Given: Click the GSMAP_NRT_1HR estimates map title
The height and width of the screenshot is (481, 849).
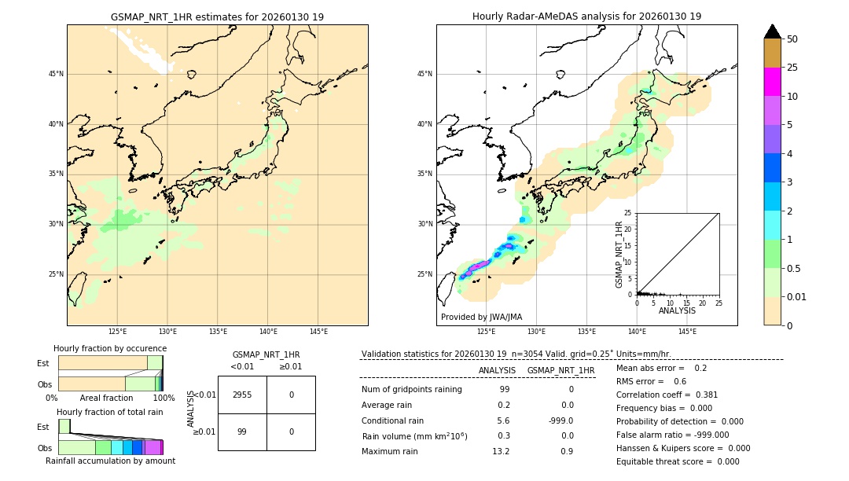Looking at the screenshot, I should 217,17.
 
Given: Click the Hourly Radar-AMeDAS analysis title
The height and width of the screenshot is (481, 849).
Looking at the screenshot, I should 586,17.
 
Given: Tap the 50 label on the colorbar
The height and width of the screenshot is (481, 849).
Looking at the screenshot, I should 792,39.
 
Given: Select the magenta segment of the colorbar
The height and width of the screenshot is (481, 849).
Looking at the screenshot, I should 772,82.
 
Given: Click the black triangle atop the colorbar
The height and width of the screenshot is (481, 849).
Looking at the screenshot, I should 772,31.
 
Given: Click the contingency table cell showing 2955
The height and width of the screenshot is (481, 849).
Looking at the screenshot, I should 242,395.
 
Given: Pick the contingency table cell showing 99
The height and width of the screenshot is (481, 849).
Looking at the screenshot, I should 242,431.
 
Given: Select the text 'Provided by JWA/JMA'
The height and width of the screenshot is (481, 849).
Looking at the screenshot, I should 481,317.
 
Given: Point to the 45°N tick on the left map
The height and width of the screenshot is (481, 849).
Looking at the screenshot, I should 56,74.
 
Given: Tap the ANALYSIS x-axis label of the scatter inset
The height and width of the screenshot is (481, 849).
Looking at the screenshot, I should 677,310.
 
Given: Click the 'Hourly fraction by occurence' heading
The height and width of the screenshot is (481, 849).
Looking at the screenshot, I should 110,348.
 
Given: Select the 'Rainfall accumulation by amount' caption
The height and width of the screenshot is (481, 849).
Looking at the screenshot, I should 110,461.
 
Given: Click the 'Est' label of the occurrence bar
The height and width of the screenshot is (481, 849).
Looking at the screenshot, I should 43,363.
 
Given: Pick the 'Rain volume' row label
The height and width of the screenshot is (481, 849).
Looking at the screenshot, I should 414,436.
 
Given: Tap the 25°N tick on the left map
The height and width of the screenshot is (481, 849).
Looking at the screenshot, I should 56,274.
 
